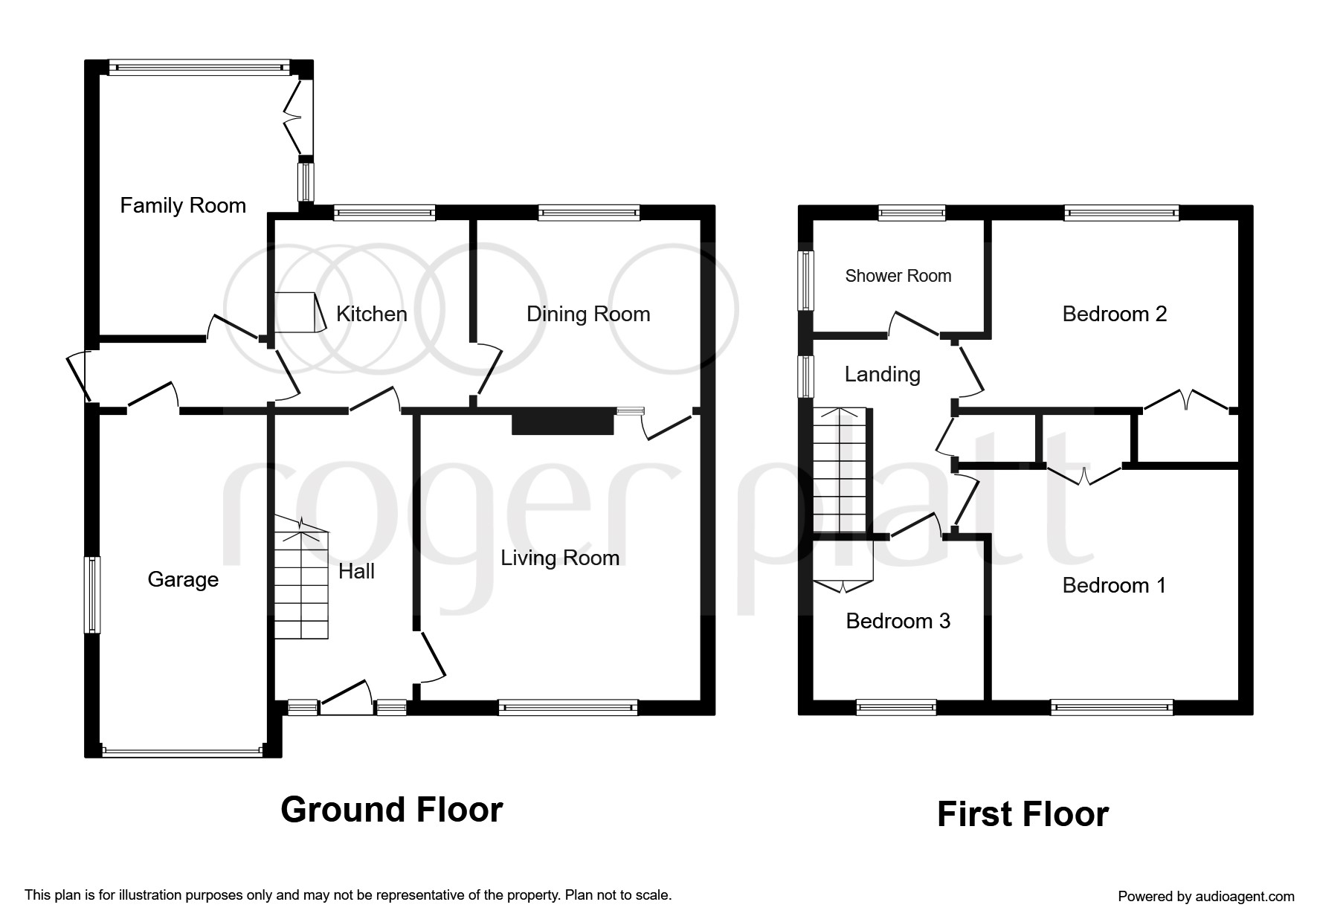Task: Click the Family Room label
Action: [x=183, y=205]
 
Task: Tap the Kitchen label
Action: [x=372, y=314]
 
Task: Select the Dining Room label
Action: [x=588, y=314]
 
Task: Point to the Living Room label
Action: [x=560, y=558]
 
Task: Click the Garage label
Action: [x=183, y=579]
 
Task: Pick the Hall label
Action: [x=356, y=571]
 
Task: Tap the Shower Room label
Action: [x=898, y=276]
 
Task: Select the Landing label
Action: [x=883, y=374]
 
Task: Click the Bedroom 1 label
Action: [x=1114, y=585]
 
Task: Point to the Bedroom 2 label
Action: [x=1114, y=314]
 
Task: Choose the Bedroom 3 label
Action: [x=898, y=621]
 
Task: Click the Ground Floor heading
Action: [x=392, y=809]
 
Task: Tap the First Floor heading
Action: [x=1023, y=814]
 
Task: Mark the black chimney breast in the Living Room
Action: [x=563, y=423]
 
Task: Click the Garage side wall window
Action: [x=91, y=595]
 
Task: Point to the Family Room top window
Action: [x=199, y=68]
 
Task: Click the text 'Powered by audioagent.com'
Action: [x=1206, y=897]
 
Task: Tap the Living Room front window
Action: [x=568, y=707]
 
